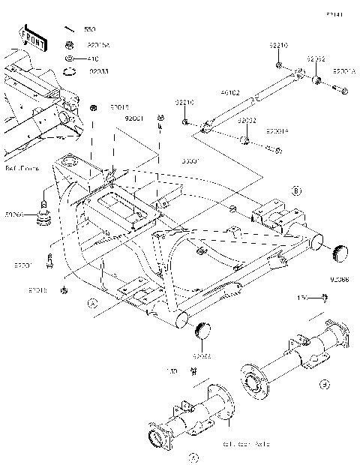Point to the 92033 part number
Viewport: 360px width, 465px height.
(100, 73)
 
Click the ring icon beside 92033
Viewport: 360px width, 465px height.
(69, 72)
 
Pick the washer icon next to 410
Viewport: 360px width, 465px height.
(69, 58)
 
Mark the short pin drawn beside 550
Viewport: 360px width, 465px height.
(69, 29)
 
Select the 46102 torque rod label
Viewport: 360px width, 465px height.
(229, 94)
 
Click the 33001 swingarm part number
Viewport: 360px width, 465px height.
(191, 160)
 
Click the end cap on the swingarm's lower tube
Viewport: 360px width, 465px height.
(203, 330)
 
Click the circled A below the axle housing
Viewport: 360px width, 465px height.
(193, 455)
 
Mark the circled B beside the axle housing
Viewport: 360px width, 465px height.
(323, 385)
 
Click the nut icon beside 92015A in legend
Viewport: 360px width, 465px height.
(69, 44)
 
